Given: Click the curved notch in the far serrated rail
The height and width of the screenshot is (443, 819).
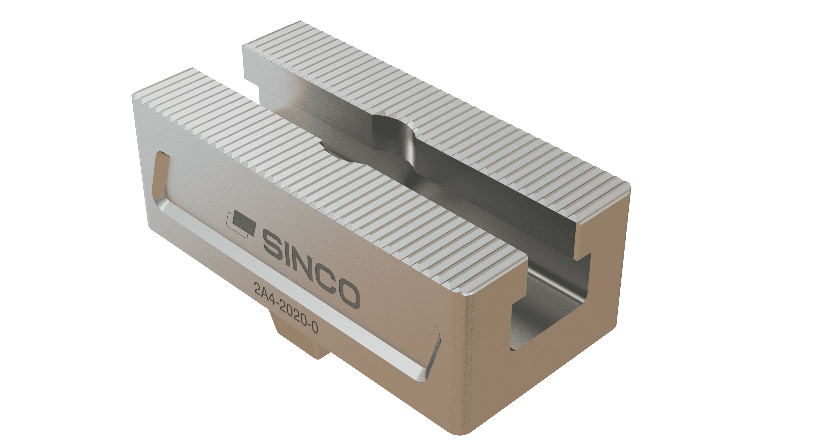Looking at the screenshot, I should point(394,127).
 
